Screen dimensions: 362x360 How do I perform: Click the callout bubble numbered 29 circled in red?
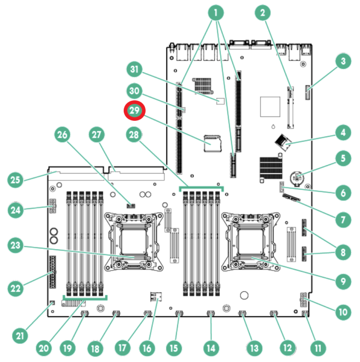135,111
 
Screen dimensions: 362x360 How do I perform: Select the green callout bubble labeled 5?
343,159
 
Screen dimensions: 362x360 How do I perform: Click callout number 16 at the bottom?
146,348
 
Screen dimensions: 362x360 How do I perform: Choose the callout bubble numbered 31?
135,70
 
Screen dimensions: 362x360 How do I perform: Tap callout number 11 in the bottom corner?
318,348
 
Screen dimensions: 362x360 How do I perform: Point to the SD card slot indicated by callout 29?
213,142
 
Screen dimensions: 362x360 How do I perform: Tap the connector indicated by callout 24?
52,205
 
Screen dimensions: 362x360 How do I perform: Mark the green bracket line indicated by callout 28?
201,188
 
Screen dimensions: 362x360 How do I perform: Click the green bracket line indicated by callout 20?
86,297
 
